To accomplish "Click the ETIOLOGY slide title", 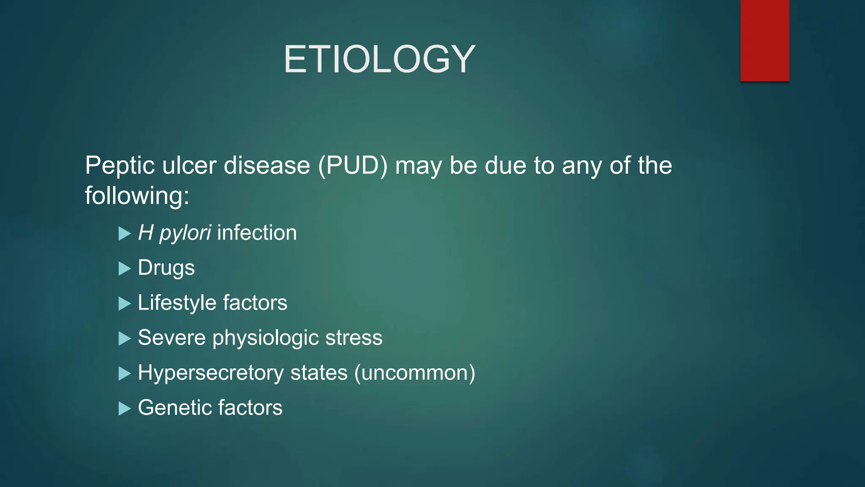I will [379, 59].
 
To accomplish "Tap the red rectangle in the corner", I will [764, 40].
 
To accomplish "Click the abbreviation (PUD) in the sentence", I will [353, 165].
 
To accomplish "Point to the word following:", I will [137, 197].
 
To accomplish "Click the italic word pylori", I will [185, 233].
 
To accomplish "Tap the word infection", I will [257, 233].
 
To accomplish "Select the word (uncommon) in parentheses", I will [415, 373].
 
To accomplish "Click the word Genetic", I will [174, 408].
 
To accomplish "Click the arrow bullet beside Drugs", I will [124, 268].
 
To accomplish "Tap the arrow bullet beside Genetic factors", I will [124, 408].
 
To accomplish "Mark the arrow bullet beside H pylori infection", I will [124, 233].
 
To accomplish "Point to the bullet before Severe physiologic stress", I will [124, 339].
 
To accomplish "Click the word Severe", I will [171, 338].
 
